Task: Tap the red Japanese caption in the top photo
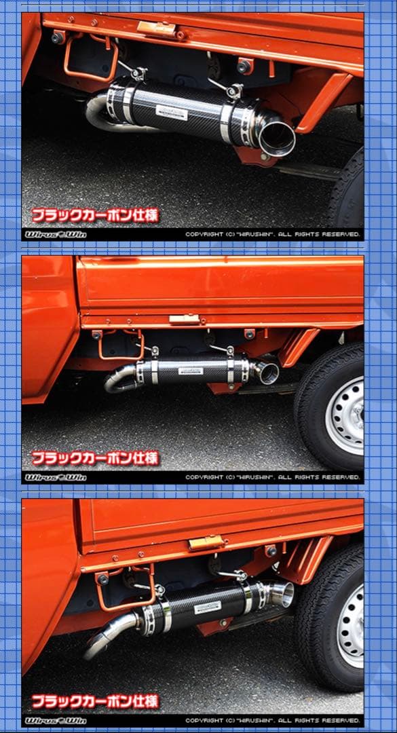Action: [95, 215]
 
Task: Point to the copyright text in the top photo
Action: [273, 234]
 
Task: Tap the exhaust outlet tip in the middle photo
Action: [267, 372]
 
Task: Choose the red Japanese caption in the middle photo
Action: [95, 458]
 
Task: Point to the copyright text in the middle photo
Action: [273, 477]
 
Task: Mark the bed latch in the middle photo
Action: [184, 318]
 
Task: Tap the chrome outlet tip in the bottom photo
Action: [281, 594]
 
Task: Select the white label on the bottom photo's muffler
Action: [207, 607]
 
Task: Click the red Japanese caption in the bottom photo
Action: [95, 700]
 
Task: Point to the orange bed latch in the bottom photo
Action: [206, 542]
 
